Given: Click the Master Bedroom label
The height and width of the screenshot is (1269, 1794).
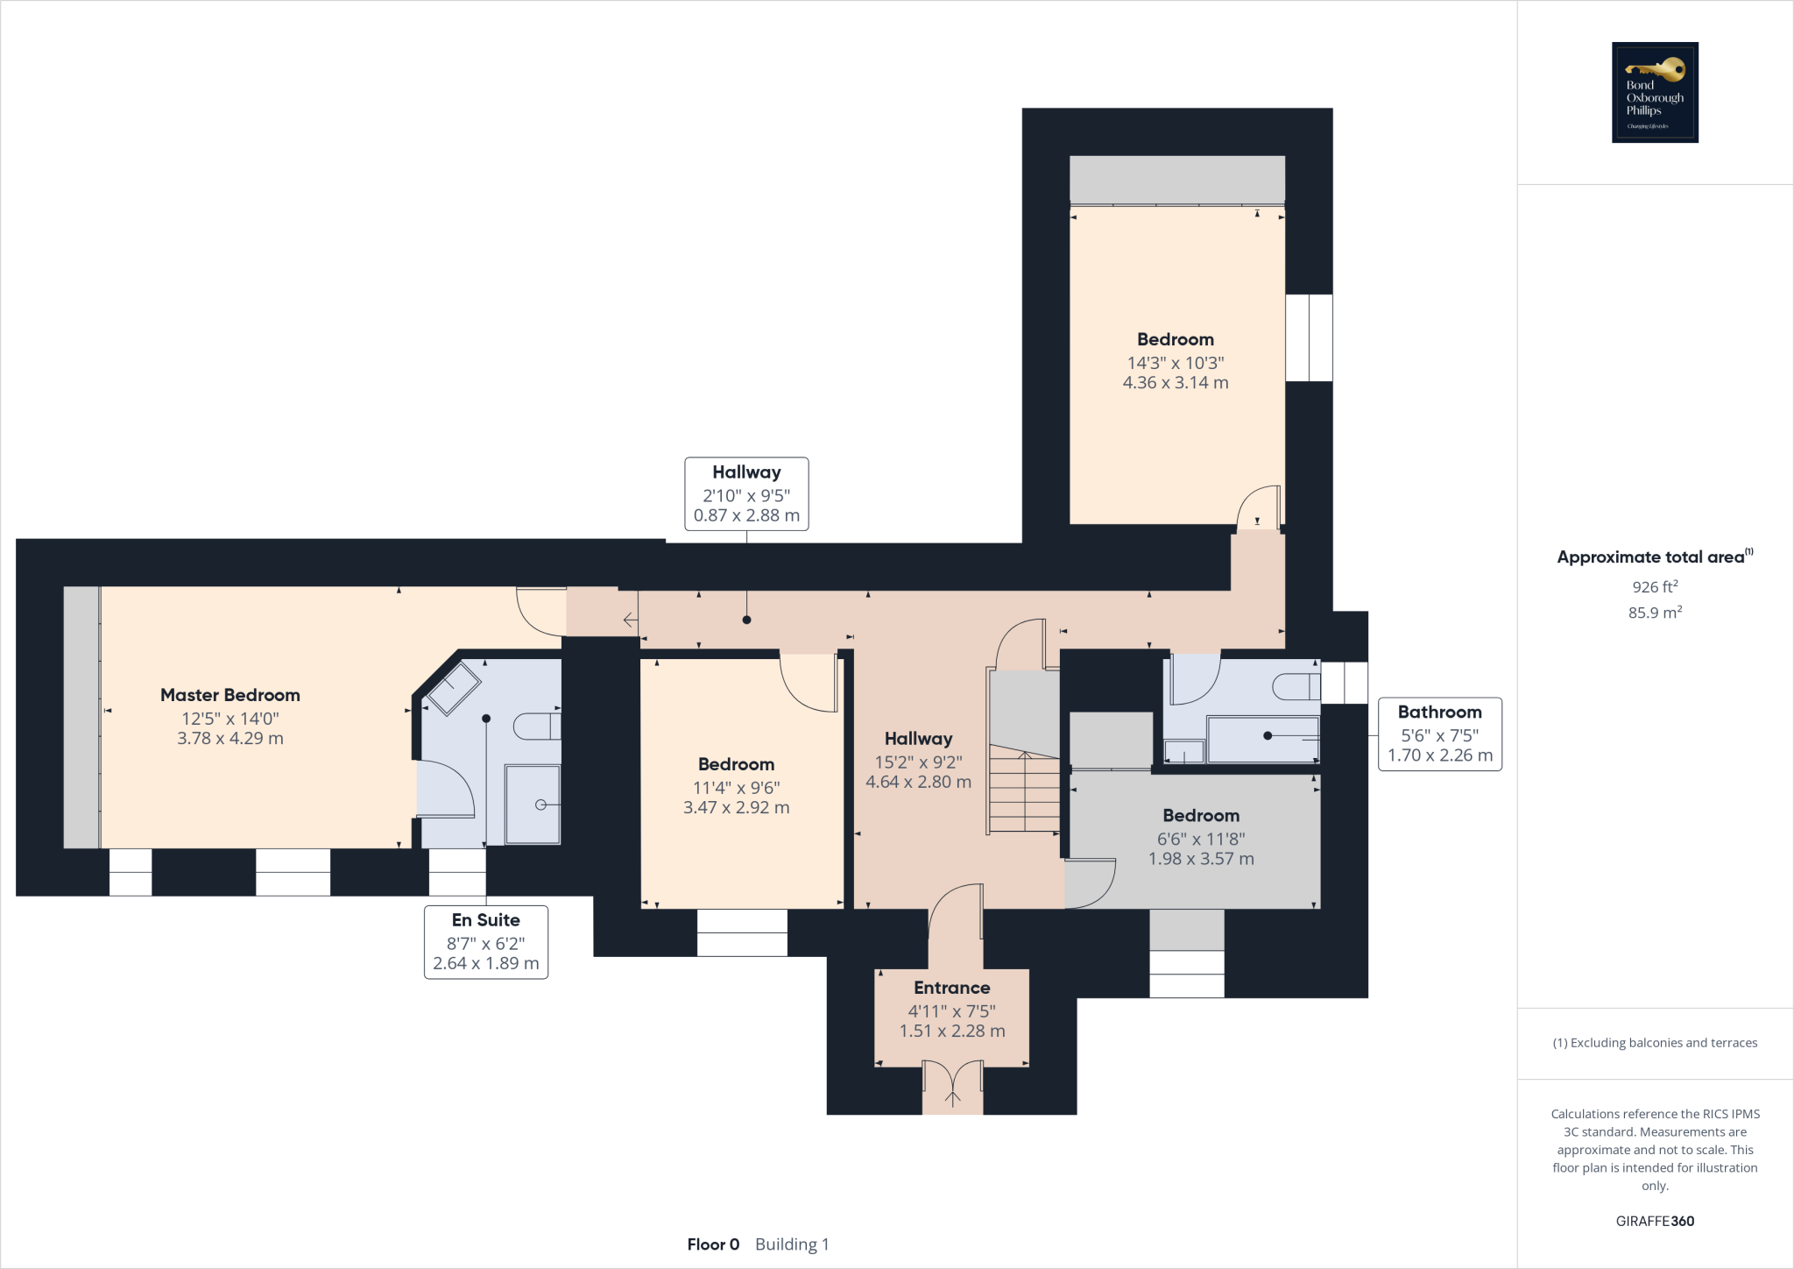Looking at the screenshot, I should [230, 695].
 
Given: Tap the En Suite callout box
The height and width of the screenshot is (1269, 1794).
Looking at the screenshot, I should [486, 942].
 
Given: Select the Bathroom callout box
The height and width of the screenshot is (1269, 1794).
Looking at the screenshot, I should [1439, 734].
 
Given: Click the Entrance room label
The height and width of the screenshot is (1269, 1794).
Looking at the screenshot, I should [951, 988].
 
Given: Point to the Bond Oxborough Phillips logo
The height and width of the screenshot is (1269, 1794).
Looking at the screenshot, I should [1655, 92].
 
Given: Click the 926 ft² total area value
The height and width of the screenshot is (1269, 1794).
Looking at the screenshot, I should [1655, 587].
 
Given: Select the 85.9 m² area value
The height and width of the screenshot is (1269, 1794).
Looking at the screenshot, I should [1655, 613].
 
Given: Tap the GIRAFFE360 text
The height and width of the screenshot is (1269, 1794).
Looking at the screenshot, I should [1655, 1221].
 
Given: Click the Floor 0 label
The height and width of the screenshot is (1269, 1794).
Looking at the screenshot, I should [713, 1244].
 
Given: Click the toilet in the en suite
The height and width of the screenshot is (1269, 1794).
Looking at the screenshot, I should [536, 727].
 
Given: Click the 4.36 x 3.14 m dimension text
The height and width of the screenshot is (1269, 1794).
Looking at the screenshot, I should [1176, 383].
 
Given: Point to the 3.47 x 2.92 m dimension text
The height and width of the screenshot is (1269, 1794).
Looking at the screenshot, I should [736, 808].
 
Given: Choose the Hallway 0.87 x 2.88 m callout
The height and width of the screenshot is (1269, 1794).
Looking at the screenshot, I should [746, 494].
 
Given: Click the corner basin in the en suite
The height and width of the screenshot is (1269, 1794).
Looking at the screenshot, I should [453, 688].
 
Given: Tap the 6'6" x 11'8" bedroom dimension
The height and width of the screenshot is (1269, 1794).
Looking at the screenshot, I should [1201, 839].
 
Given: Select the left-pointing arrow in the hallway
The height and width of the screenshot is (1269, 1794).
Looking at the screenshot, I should [630, 620].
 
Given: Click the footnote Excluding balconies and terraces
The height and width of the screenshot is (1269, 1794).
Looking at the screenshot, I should [1655, 1043].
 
